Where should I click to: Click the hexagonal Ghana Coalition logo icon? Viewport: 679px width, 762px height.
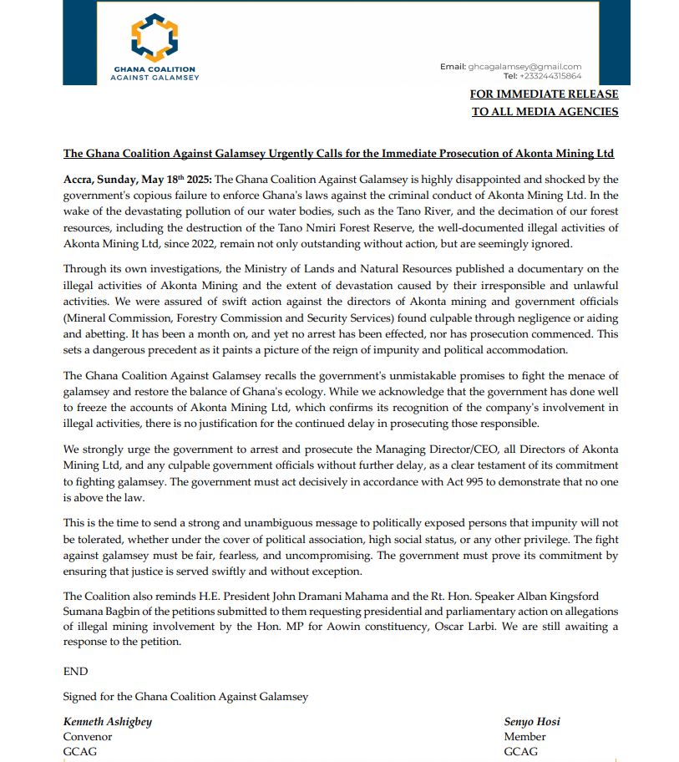155,37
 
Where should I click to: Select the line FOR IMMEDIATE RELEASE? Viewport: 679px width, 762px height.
544,94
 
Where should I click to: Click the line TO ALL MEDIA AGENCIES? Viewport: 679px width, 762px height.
545,112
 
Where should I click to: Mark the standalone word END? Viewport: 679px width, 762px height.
75,671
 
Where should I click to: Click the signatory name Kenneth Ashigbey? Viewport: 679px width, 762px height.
108,721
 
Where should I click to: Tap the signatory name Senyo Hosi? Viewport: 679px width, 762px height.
532,721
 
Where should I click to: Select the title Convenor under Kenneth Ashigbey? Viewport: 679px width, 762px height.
88,736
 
